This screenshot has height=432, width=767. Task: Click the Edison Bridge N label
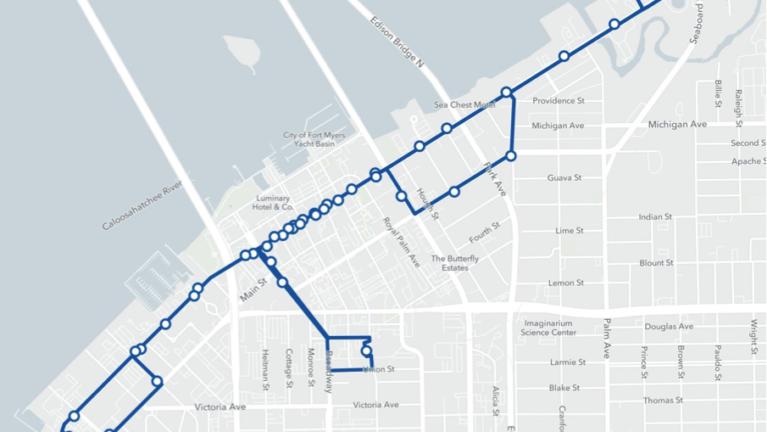[397, 42]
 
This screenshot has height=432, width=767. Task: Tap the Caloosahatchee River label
[142, 205]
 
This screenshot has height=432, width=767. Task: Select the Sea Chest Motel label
[464, 105]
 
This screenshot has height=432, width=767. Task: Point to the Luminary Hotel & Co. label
[274, 202]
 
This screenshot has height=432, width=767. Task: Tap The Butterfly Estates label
[455, 263]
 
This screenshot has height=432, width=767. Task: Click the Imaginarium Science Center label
[549, 328]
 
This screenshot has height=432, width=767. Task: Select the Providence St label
[559, 101]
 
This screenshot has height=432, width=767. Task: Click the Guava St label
[564, 178]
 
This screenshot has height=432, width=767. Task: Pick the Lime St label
[570, 231]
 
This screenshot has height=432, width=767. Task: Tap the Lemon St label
[566, 283]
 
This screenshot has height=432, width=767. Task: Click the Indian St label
[655, 217]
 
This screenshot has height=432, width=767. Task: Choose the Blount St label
[657, 263]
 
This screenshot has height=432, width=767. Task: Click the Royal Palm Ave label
[401, 243]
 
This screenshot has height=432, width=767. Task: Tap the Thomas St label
[663, 401]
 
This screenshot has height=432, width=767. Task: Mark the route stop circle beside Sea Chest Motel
[506, 93]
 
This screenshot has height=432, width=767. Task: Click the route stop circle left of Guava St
[511, 156]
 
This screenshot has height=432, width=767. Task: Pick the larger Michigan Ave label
[677, 125]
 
